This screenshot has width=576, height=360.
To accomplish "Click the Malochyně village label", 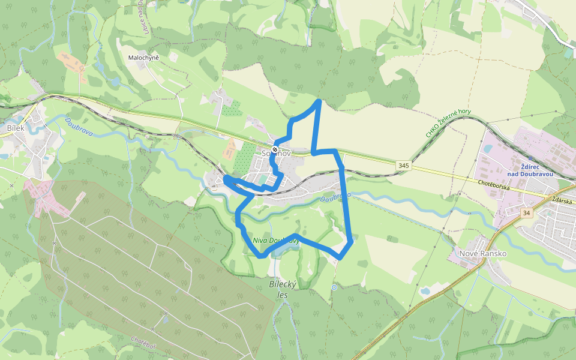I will (143, 58).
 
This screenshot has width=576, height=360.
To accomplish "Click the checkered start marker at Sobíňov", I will (275, 149).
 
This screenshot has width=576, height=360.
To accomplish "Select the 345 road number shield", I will (403, 165).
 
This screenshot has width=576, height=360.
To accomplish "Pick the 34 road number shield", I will (527, 213).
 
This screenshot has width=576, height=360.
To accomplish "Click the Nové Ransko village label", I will (482, 253).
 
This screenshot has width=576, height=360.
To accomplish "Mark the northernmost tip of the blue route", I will (319, 101).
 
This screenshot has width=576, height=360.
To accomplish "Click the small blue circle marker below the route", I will (334, 287).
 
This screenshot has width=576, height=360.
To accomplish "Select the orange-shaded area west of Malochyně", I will (70, 62).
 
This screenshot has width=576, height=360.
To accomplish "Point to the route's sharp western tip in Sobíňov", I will (225, 178).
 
